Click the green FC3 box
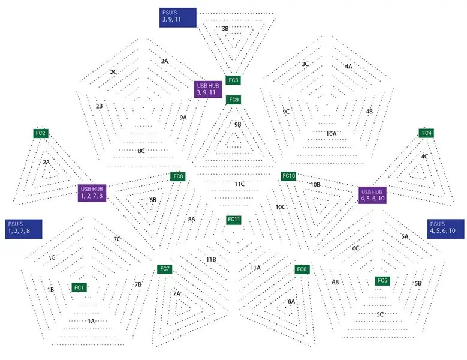(233, 80)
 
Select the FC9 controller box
(234, 100)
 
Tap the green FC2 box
(41, 133)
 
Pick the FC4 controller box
(426, 133)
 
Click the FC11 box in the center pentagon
(234, 220)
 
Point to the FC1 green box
(79, 287)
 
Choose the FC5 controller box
(382, 281)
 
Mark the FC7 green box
(165, 269)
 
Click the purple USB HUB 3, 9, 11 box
(208, 89)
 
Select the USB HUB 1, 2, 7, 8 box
(92, 193)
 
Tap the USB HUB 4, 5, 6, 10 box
(372, 195)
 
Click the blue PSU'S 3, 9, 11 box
(178, 17)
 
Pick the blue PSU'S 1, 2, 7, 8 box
(23, 229)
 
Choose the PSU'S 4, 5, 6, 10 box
(445, 229)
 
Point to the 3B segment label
(225, 29)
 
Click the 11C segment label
(239, 184)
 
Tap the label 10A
(331, 134)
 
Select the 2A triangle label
(46, 163)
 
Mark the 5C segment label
(380, 314)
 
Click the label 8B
(153, 200)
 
